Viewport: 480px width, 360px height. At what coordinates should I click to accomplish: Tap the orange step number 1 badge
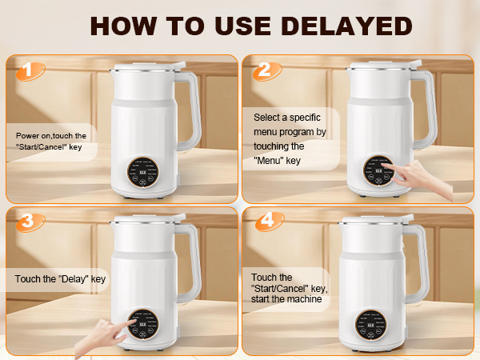point(29,72)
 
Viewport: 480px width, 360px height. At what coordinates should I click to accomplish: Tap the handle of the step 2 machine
point(423,112)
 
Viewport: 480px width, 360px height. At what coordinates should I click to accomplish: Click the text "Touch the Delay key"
point(61,279)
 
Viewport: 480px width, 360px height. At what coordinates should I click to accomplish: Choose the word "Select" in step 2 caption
point(267,117)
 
